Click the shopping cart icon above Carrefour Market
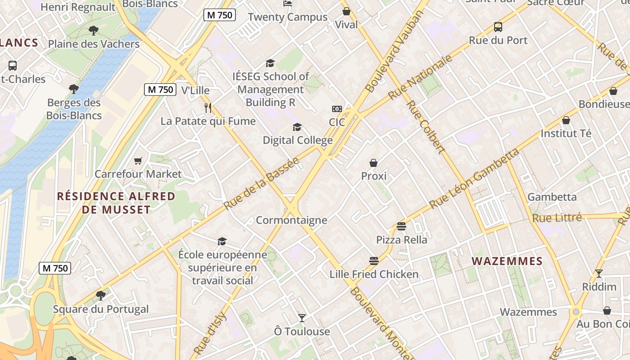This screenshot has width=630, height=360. [x=138, y=161]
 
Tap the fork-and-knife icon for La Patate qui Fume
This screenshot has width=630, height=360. [x=207, y=108]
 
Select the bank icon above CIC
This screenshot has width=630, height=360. [x=337, y=109]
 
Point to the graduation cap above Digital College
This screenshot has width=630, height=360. [x=297, y=127]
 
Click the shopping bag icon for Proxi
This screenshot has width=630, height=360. [x=373, y=162]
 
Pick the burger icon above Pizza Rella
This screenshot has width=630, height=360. [x=401, y=226]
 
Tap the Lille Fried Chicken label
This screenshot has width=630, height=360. [x=374, y=274]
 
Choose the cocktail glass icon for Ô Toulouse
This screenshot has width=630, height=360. [x=302, y=318]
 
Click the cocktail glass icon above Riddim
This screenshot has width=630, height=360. [x=599, y=273]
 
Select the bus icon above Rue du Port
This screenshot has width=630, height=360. [x=498, y=27]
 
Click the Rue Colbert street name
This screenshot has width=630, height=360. [x=426, y=127]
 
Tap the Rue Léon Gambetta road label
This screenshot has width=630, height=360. [x=474, y=179]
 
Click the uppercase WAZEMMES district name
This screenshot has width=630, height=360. [x=507, y=261]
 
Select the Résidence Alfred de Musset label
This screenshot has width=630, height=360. [x=116, y=203]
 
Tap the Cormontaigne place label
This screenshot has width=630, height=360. [x=291, y=220]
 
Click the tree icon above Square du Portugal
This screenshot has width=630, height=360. [x=101, y=296]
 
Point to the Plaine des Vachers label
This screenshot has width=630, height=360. [x=94, y=44]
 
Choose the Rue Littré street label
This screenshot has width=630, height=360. [x=557, y=218]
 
